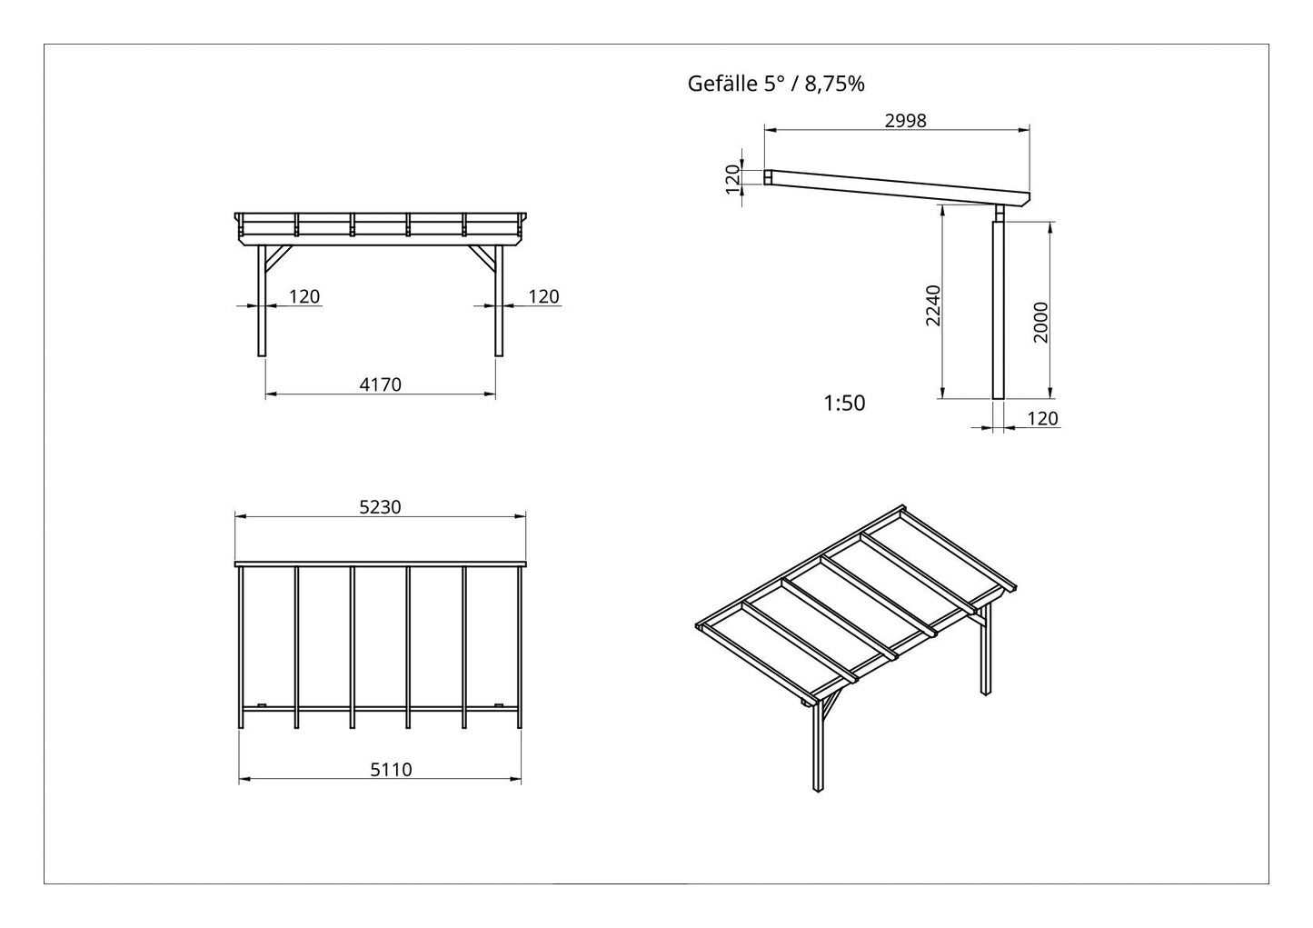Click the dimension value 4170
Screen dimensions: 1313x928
380,384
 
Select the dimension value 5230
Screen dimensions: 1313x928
380,507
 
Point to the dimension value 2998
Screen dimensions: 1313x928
906,120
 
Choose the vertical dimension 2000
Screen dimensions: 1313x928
1040,323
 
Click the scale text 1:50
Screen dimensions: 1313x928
844,404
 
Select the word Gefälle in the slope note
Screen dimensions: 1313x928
722,84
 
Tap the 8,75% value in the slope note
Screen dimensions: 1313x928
834,85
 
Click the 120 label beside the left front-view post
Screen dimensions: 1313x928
304,296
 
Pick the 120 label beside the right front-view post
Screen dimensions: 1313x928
543,296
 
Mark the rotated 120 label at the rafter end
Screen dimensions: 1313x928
732,179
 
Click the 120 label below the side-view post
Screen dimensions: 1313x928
1043,419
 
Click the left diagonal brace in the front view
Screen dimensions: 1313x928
279,259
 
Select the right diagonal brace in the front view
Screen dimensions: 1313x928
482,259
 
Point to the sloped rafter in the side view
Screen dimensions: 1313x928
897,187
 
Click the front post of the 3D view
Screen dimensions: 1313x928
818,745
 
